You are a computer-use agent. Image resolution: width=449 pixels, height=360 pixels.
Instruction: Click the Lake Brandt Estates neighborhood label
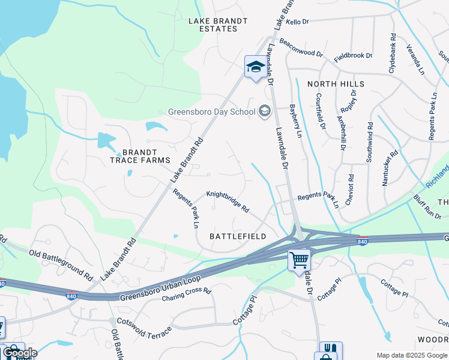[x=218, y=25]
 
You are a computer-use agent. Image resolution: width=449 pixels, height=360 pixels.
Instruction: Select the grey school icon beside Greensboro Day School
[x=265, y=111]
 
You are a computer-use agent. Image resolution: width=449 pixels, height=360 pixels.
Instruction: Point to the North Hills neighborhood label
[x=336, y=85]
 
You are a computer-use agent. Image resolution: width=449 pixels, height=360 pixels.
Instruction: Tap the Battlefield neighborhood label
[x=238, y=236]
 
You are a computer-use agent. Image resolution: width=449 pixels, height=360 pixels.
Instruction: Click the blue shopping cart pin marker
[x=299, y=260]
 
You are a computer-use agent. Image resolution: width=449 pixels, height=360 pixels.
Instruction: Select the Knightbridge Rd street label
[x=228, y=202]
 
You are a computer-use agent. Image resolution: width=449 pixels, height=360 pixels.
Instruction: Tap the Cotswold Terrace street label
[x=144, y=330]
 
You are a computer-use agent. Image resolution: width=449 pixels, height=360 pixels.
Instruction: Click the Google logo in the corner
[x=19, y=352]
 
